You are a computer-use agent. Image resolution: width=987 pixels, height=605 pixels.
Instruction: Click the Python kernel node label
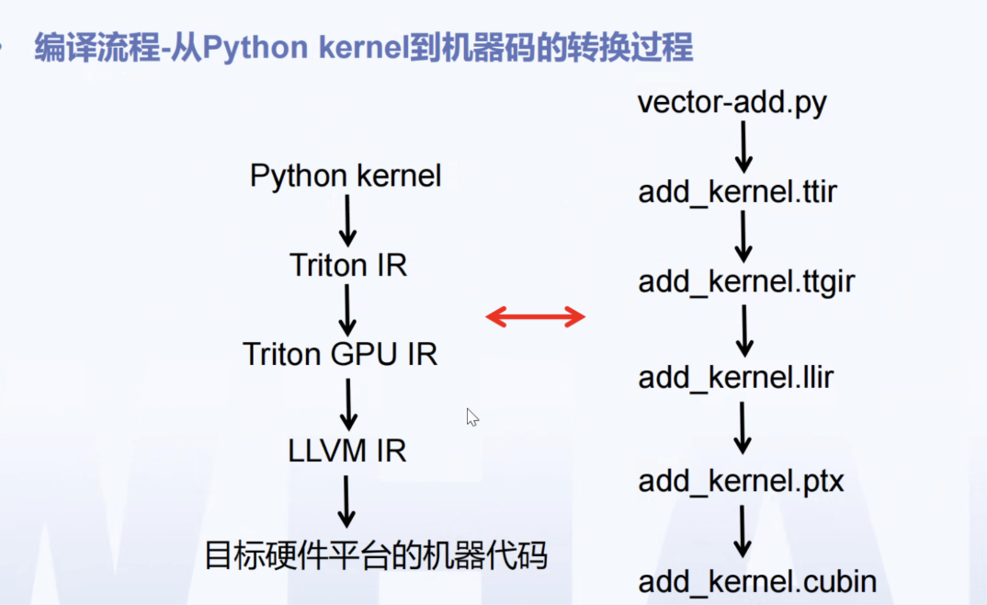tap(346, 176)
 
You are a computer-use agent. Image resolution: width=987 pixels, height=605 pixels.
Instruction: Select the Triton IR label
tap(348, 266)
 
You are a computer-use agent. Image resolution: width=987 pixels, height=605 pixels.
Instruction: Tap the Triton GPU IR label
tap(340, 354)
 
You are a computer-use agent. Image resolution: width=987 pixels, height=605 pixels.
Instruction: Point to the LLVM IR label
tap(346, 451)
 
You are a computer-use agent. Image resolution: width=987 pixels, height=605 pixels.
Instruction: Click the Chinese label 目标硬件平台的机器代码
tap(375, 555)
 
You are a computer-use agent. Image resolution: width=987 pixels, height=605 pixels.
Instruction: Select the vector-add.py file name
tap(732, 101)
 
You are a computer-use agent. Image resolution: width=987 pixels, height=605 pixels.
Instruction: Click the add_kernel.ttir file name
tap(737, 193)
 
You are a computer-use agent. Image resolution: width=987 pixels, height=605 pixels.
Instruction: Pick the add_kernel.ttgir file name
tap(746, 282)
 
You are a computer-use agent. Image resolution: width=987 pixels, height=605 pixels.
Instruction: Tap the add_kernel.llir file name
tap(735, 377)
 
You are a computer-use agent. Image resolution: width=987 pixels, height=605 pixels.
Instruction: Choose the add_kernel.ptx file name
tap(741, 481)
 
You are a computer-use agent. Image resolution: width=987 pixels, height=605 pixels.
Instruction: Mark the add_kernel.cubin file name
tap(757, 581)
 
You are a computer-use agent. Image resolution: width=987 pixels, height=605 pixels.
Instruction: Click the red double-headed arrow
tap(536, 318)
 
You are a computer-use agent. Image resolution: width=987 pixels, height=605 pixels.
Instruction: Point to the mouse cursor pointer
tap(471, 417)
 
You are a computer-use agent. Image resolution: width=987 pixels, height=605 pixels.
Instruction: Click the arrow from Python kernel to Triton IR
tap(347, 221)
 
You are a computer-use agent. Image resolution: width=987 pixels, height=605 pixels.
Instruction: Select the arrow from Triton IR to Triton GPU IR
tap(347, 310)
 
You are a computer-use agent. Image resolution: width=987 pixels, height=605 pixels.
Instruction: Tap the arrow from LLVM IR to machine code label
tap(347, 501)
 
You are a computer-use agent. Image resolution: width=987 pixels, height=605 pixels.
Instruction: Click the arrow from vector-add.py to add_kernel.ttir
tap(743, 147)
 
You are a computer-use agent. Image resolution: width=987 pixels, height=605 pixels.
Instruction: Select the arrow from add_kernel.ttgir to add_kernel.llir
tap(743, 330)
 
